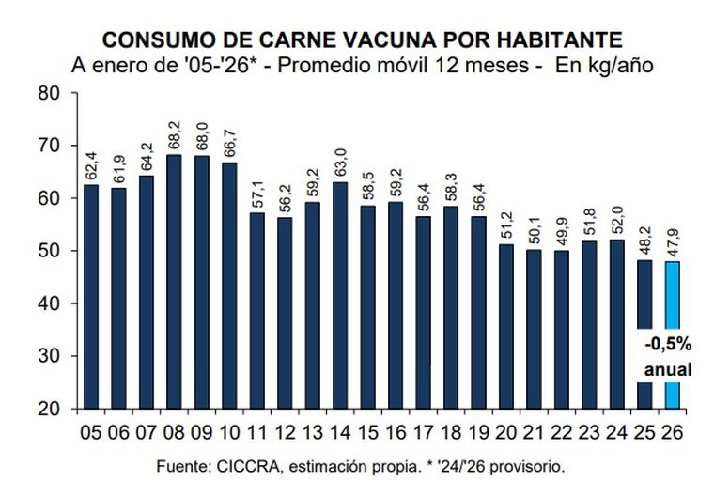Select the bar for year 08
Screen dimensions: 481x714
(x=174, y=282)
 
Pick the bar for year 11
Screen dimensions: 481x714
(x=257, y=310)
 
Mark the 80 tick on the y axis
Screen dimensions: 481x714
(x=49, y=93)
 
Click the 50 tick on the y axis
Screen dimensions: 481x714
(x=49, y=252)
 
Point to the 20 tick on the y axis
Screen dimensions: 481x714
(x=49, y=410)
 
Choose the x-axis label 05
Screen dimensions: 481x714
(x=91, y=433)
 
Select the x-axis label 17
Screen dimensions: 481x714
(x=424, y=433)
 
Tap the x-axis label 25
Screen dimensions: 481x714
(x=644, y=433)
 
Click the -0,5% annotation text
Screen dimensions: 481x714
(x=668, y=343)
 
